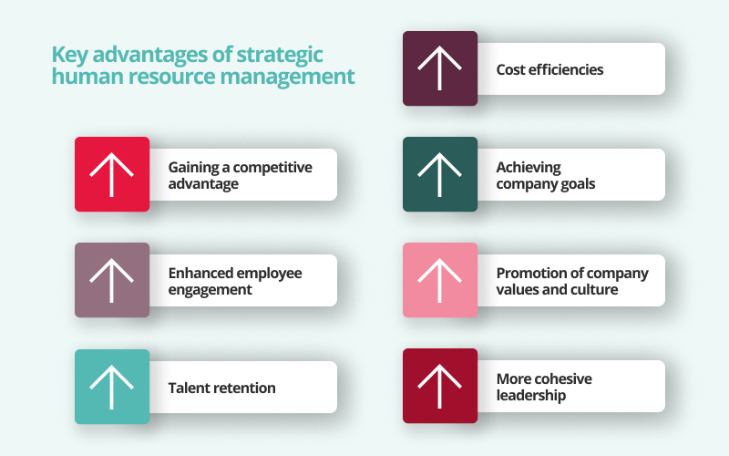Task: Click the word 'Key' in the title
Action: pyautogui.click(x=67, y=55)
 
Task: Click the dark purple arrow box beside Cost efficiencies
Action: pyautogui.click(x=440, y=68)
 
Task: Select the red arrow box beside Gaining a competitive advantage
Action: pyautogui.click(x=112, y=174)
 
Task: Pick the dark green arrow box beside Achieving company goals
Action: pyautogui.click(x=440, y=174)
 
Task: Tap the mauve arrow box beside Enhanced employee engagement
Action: pyautogui.click(x=112, y=280)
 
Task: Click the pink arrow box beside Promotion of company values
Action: pyautogui.click(x=440, y=280)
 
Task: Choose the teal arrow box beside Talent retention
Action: pyautogui.click(x=112, y=386)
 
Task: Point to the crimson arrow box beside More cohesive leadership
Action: pyautogui.click(x=440, y=386)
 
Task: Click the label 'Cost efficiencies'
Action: pyautogui.click(x=549, y=69)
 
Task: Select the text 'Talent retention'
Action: pyautogui.click(x=221, y=388)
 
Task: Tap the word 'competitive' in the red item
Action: pyautogui.click(x=274, y=168)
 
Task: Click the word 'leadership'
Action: pyautogui.click(x=531, y=396)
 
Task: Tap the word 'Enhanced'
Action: pyautogui.click(x=200, y=274)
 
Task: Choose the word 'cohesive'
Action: pyautogui.click(x=563, y=379)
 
